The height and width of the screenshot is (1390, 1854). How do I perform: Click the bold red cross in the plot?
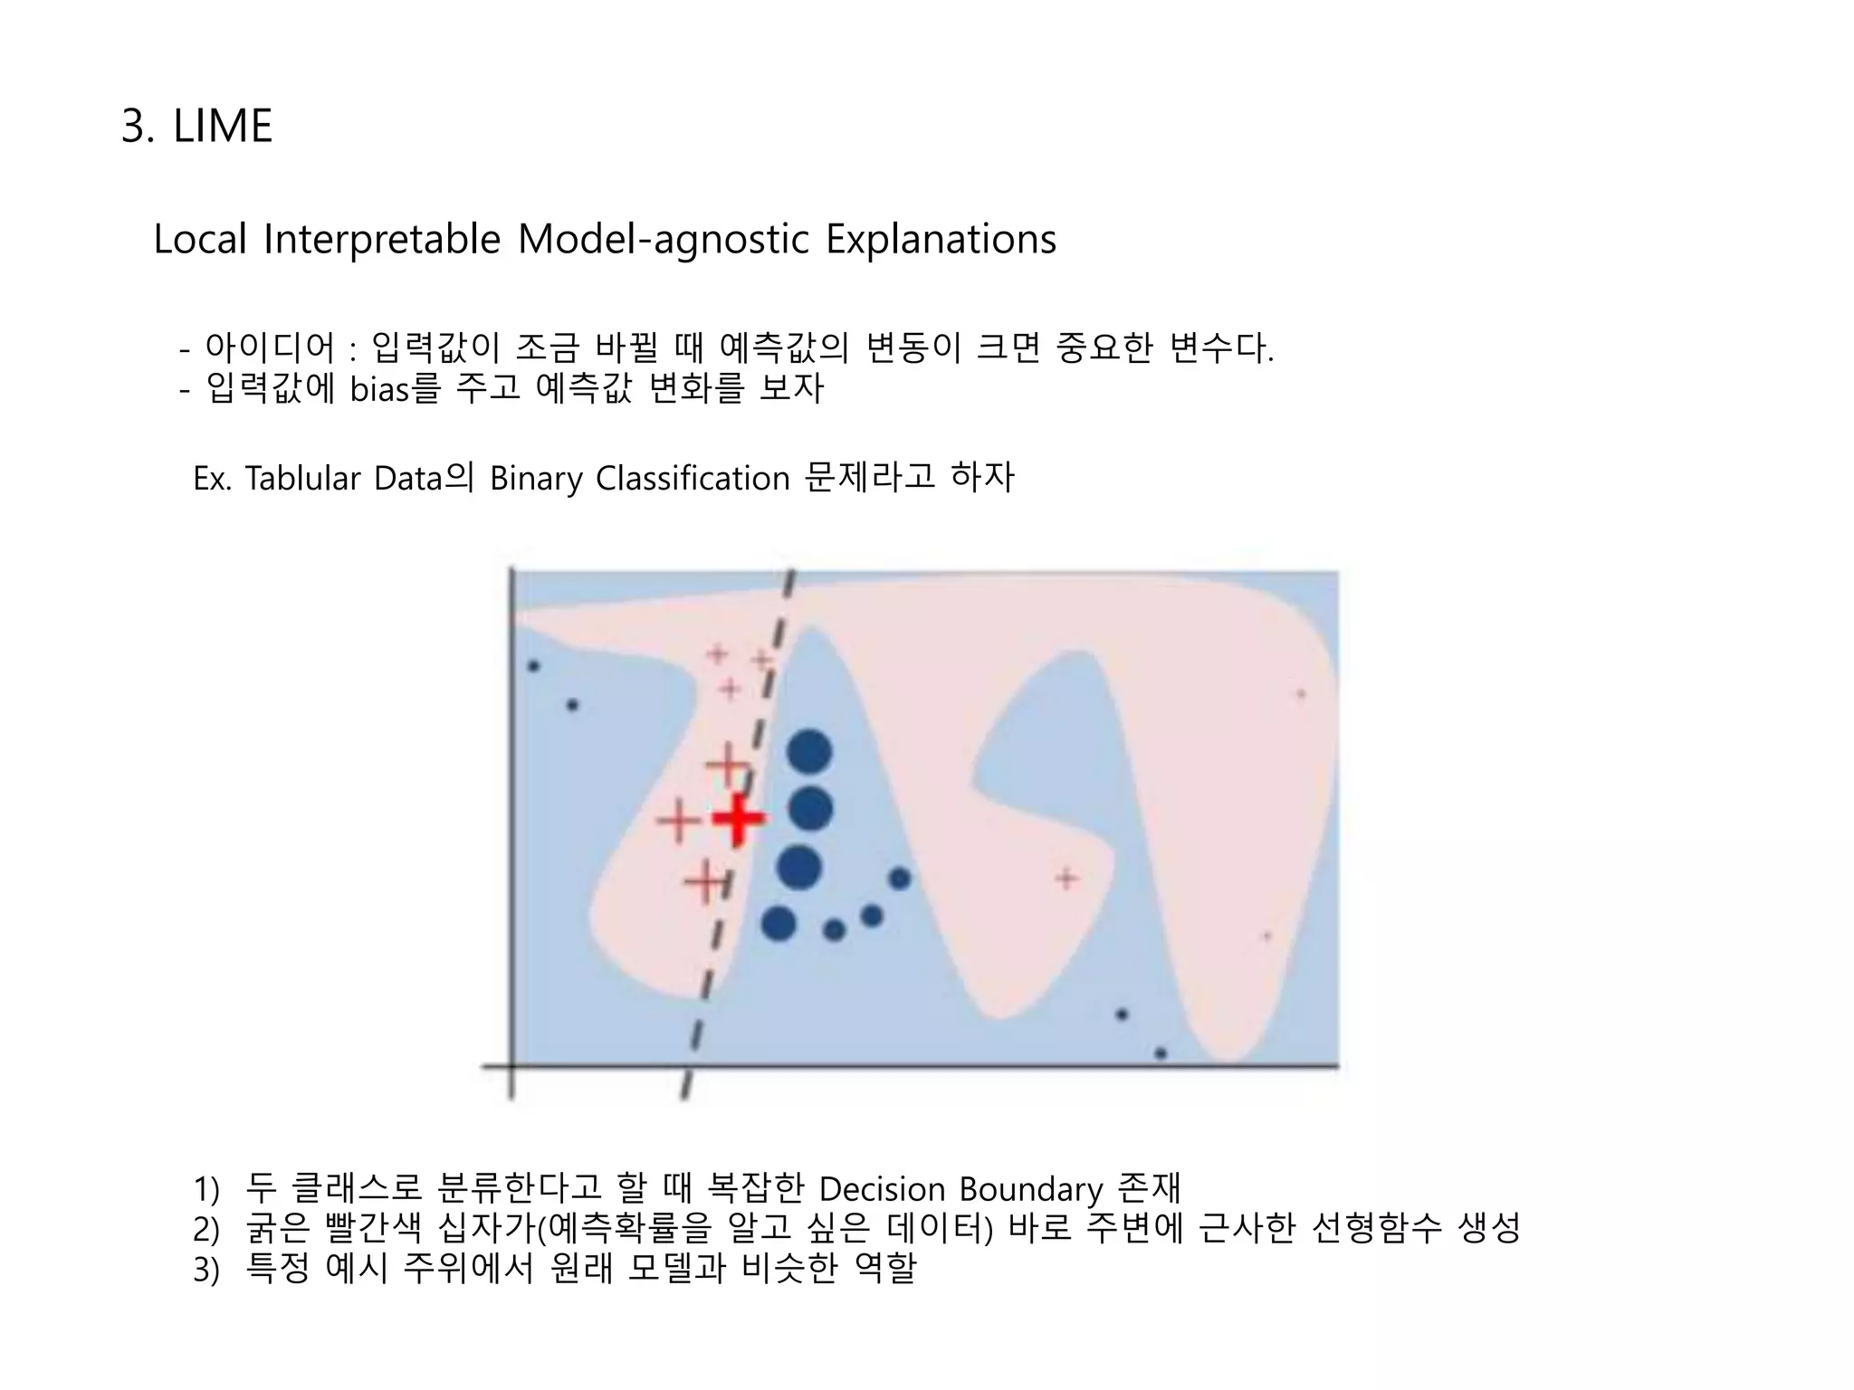pos(738,819)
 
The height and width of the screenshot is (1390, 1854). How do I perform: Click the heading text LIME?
pos(222,126)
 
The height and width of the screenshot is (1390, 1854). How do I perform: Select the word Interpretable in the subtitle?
pos(381,240)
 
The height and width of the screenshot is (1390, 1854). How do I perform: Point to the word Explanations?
pos(941,240)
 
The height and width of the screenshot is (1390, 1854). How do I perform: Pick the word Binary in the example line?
pos(536,478)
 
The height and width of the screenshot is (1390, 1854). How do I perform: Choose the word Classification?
pos(693,478)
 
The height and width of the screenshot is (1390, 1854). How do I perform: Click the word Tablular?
pos(303,478)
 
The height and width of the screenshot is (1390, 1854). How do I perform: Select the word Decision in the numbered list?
pos(881,1189)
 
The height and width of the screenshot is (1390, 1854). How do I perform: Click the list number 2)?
pos(206,1230)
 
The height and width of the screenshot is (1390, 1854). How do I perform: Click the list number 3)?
pos(206,1270)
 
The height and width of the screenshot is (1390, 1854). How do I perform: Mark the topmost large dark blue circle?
pos(809,751)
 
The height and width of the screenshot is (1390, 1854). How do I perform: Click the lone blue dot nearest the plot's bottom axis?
pos(1161,1053)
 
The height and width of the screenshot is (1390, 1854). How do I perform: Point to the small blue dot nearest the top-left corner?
pos(533,666)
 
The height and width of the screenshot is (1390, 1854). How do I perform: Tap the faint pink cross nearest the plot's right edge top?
pos(1301,694)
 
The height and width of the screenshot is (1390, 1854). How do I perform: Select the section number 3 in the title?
pos(134,126)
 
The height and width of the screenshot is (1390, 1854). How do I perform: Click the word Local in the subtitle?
pos(200,240)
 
